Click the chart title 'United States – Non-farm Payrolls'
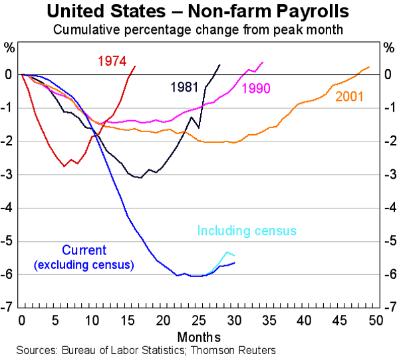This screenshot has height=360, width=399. (199, 12)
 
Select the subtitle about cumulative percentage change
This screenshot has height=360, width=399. (199, 30)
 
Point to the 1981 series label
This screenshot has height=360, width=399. (184, 87)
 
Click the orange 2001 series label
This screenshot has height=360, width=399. (349, 95)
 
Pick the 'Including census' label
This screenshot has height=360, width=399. (247, 231)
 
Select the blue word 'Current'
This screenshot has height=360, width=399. (83, 250)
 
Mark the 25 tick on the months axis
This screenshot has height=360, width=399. (199, 320)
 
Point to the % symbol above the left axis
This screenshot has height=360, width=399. (9, 48)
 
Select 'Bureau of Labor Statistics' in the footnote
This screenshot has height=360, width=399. (128, 349)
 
